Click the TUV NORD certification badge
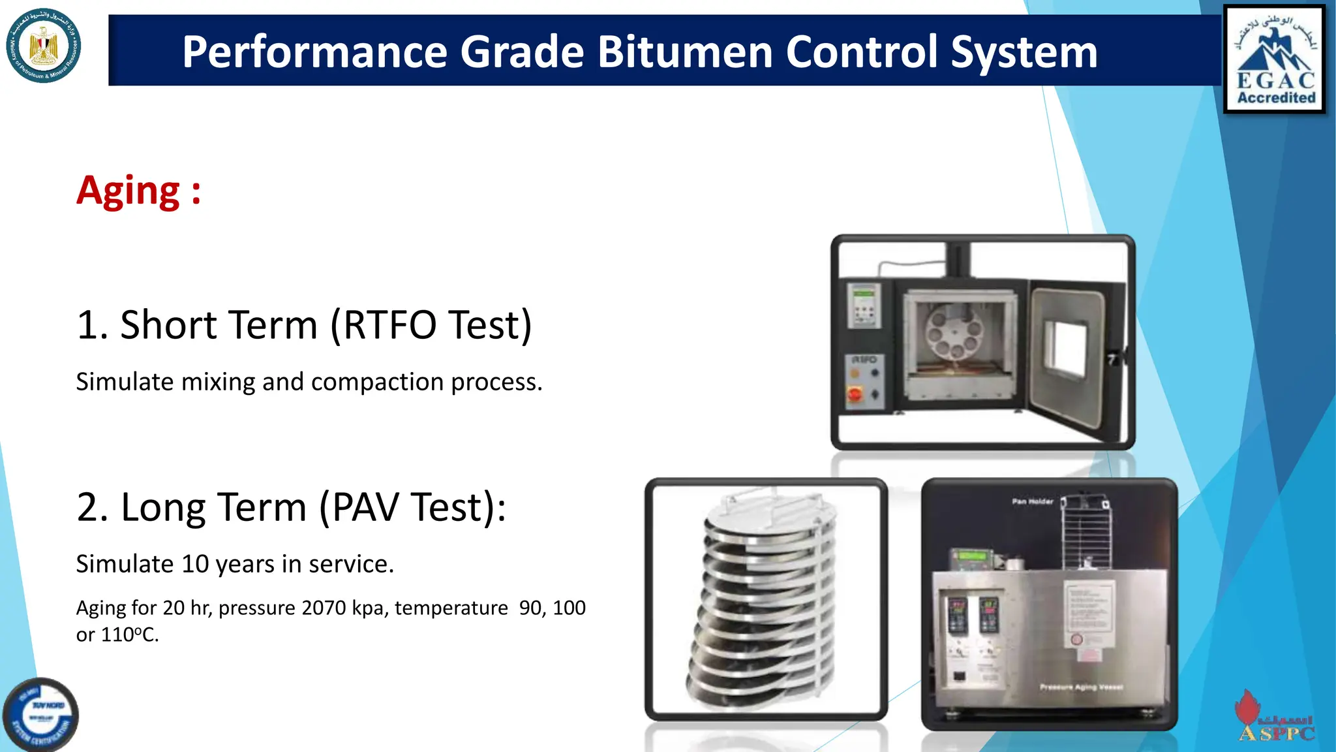click(40, 715)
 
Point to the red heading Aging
click(129, 191)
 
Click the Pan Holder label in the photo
click(1032, 501)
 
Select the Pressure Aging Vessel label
click(1080, 687)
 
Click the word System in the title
click(1024, 52)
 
